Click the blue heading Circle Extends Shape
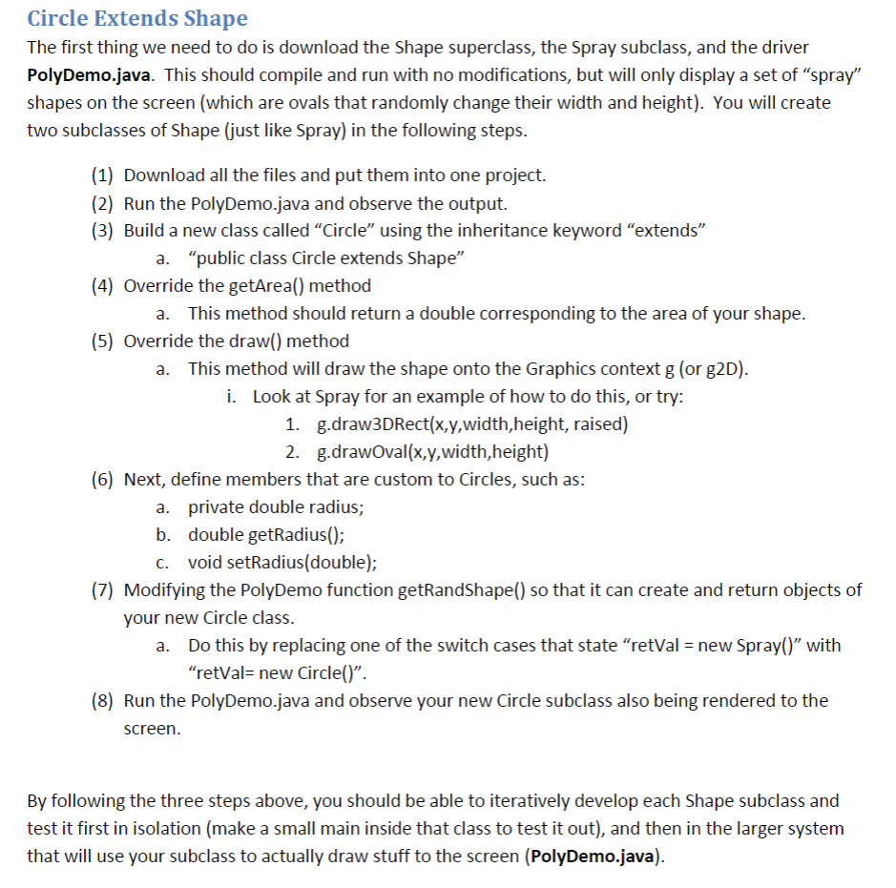point(137,18)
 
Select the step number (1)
point(105,175)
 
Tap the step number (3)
point(105,230)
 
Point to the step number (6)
point(105,479)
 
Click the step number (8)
point(105,700)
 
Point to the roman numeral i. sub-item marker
point(232,396)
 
